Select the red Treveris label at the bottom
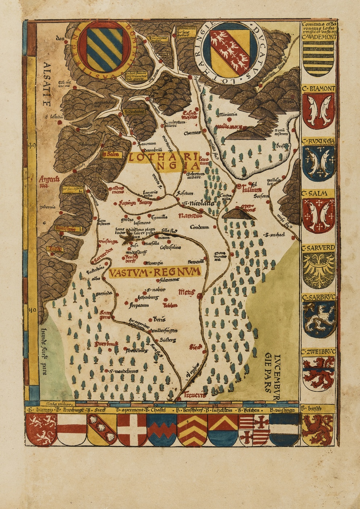[x=194, y=395]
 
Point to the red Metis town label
[x=187, y=292]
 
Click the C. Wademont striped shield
[x=318, y=58]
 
